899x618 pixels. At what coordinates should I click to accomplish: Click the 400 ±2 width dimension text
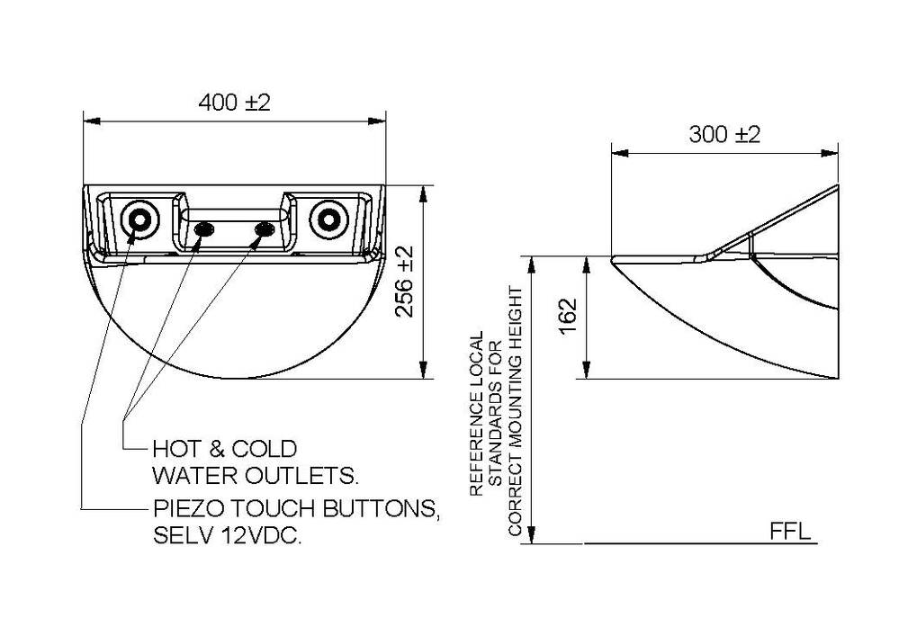pos(234,103)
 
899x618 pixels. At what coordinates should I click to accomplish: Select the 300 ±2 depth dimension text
pos(724,134)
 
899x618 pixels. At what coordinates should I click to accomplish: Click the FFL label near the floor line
pos(790,531)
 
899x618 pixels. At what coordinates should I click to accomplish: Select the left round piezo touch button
pos(139,219)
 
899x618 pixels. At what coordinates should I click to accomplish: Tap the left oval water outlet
pos(204,231)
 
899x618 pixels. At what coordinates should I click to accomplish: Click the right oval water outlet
pos(264,231)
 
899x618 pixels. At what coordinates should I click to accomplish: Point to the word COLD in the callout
pos(265,448)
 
